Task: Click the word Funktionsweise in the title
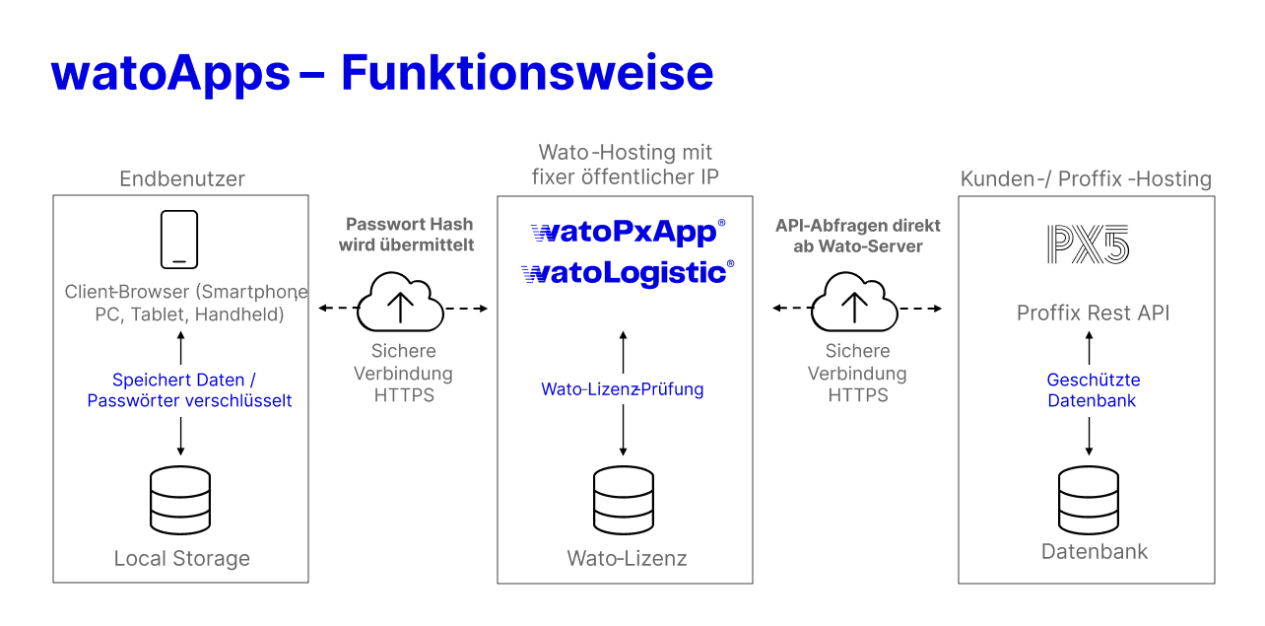tap(527, 74)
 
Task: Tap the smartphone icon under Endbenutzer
tap(179, 240)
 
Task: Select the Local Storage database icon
tap(179, 500)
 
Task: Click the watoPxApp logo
tap(628, 233)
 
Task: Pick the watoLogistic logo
tap(628, 273)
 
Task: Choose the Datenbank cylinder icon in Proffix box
tap(1089, 498)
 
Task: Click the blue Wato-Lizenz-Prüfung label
tap(623, 389)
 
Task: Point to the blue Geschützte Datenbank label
tap(1093, 390)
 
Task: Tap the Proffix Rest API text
tap(1093, 313)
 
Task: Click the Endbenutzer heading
tap(182, 178)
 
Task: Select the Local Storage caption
tap(182, 559)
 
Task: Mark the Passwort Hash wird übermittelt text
tap(406, 235)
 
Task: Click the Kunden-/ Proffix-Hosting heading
tap(1086, 178)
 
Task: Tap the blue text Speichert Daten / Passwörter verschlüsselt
tap(189, 390)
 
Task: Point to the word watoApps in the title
tap(170, 74)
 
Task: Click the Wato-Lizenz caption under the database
tap(627, 559)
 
